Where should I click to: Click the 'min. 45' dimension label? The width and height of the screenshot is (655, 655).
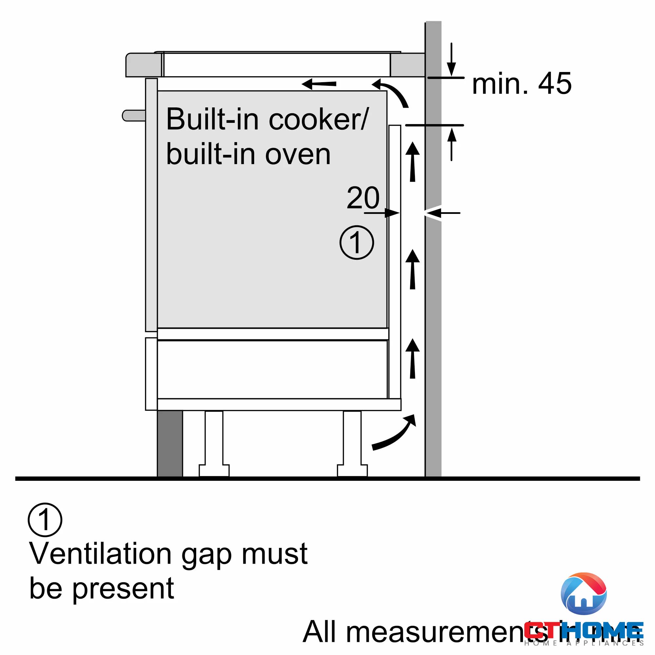coord(521,84)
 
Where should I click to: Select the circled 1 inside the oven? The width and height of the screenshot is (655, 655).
coord(357,243)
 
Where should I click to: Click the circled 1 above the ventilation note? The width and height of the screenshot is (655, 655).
coord(45,520)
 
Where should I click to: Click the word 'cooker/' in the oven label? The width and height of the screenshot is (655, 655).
coord(319,119)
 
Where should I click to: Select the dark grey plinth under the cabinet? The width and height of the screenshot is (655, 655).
coord(170,443)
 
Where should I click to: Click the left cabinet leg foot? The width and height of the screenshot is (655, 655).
coord(214,471)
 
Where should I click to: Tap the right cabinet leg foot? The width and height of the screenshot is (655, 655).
coord(352,471)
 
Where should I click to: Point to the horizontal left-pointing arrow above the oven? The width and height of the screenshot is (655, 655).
coord(319,84)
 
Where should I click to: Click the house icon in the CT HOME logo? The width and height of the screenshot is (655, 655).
coord(584,594)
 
